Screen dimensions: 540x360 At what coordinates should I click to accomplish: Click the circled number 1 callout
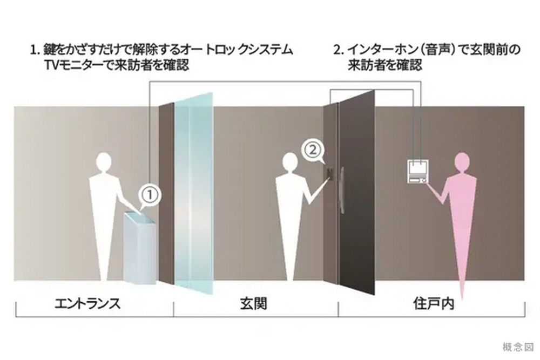pos(150,195)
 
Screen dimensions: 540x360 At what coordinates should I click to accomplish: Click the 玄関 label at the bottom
pos(253,304)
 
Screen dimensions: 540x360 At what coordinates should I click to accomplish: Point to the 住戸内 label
pos(434,303)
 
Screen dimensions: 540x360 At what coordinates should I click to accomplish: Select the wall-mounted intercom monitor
pos(417,172)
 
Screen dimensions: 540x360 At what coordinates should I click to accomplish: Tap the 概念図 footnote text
pos(518,347)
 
